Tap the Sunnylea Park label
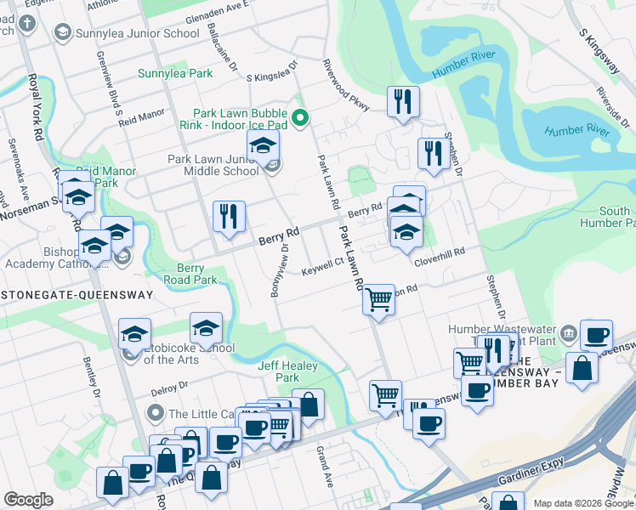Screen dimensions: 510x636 point(175,74)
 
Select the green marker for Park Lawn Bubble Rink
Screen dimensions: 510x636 point(299,118)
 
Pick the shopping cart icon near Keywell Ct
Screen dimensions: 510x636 point(378,298)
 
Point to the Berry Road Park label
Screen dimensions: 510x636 point(192,273)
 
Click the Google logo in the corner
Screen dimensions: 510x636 point(28,500)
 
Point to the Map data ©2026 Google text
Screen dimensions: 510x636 point(582,503)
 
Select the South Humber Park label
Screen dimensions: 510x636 point(614,217)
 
